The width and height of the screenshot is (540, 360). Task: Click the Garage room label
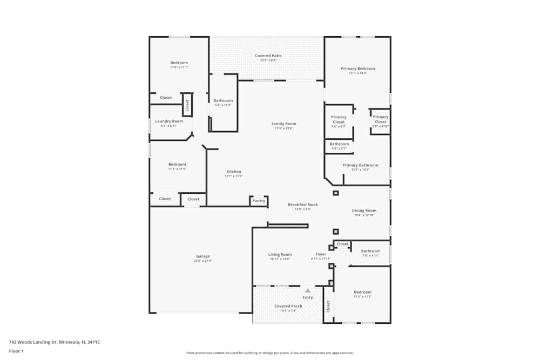pos(203,256)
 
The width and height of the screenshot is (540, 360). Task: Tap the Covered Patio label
pos(268,56)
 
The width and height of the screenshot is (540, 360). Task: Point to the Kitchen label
pos(234,172)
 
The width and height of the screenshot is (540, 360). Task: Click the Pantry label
pos(259,201)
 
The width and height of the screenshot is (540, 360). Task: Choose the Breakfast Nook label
pos(303,205)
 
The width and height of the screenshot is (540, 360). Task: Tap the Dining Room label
pos(364,210)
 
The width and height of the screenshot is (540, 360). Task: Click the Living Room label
pos(280,254)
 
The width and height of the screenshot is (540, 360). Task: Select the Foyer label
pos(321,254)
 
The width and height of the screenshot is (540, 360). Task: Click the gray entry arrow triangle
pos(308,290)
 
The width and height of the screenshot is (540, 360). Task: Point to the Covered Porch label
pos(288,306)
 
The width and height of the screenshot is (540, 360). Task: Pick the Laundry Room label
pos(169,121)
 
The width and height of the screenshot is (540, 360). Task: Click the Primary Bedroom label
pos(357,69)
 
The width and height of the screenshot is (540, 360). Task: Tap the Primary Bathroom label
pos(360,165)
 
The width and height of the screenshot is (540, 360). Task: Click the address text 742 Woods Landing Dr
pos(54,342)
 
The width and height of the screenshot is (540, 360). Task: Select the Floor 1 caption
pos(16,351)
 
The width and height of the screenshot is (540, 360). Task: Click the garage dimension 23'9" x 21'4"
pos(203,261)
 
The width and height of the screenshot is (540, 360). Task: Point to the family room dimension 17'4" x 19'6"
pos(283,128)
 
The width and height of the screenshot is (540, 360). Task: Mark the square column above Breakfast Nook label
pos(335,193)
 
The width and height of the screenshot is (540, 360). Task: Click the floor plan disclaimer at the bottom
pos(270,353)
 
